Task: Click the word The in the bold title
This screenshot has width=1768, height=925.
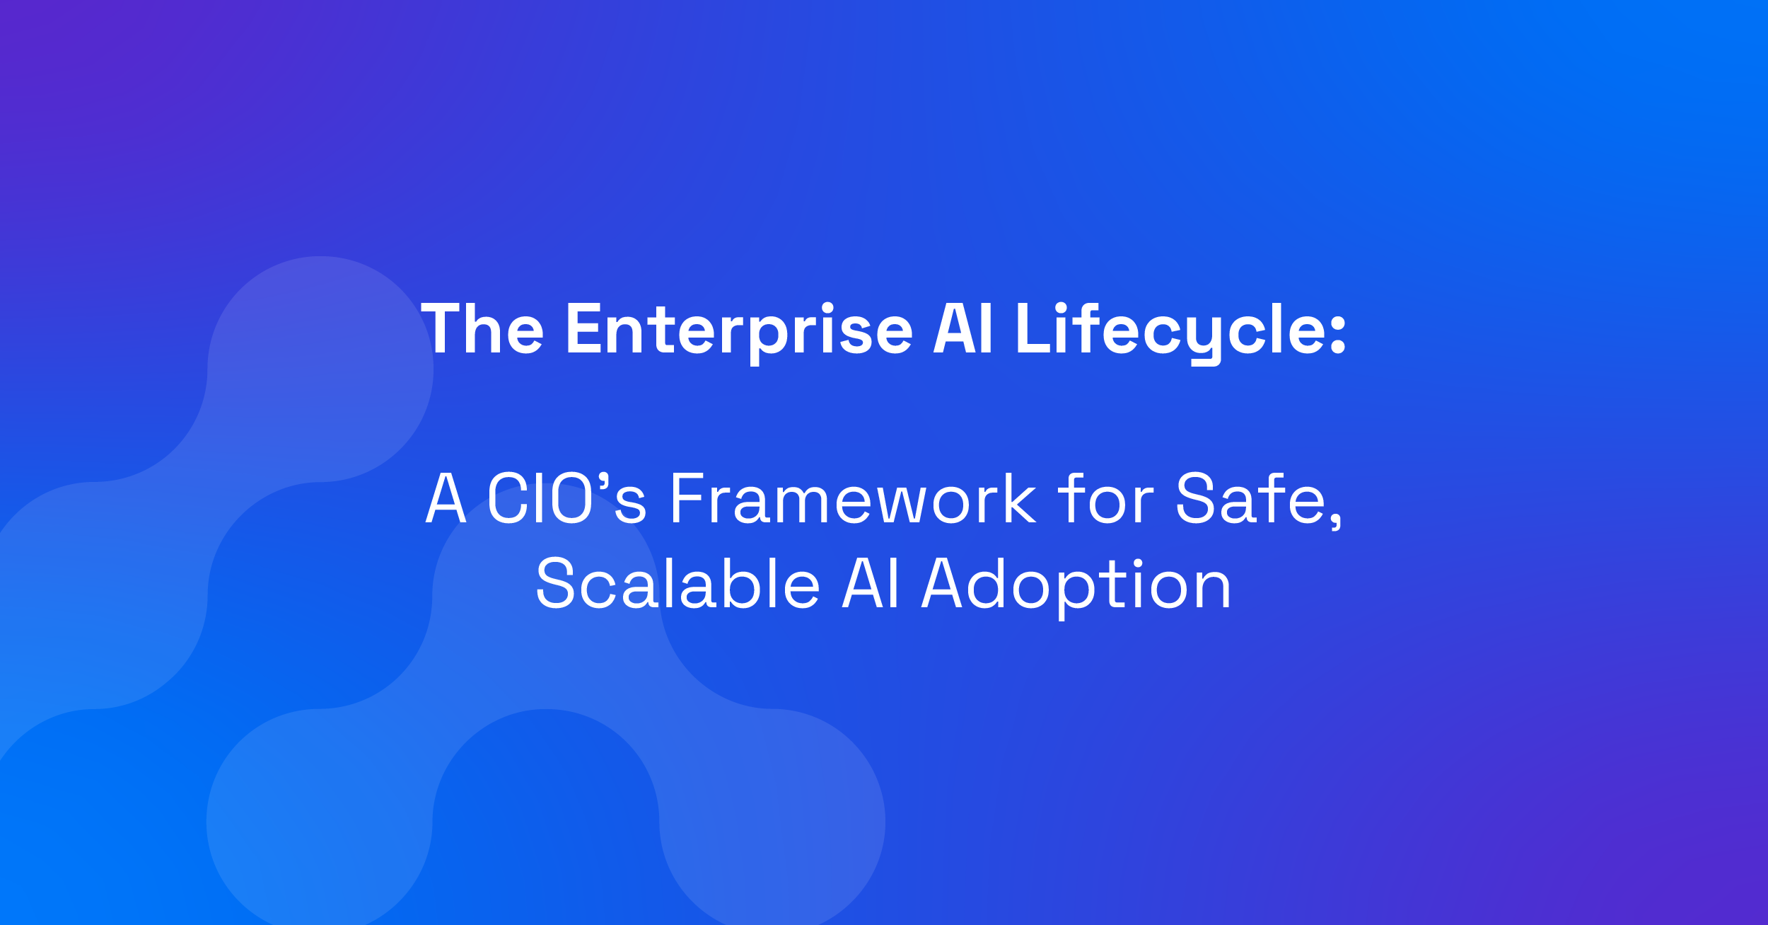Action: [482, 329]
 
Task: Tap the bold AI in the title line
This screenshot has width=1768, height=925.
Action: [963, 329]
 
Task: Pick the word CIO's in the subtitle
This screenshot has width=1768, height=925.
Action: [566, 499]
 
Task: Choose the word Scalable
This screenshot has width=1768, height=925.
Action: [677, 585]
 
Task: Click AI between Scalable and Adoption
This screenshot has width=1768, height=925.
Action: [871, 585]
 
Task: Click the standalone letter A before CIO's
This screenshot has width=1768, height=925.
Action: [446, 499]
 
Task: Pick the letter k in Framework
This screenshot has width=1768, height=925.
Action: [1019, 499]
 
